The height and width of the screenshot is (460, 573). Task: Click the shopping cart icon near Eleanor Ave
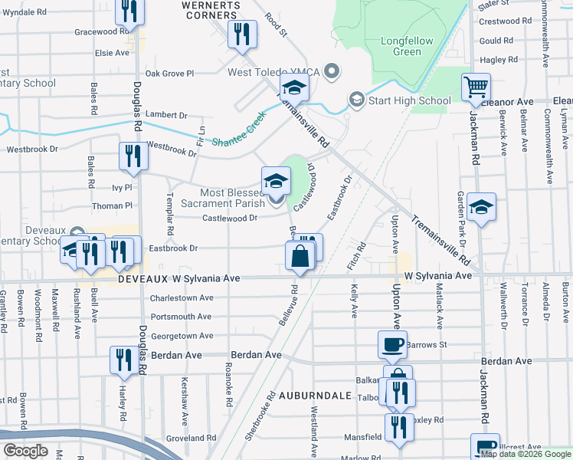click(476, 87)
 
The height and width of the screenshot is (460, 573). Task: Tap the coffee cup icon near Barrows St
click(392, 344)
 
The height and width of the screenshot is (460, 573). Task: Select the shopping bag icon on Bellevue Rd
click(300, 256)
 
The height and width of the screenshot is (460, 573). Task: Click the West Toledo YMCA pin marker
click(332, 72)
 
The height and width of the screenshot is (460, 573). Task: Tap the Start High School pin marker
click(356, 100)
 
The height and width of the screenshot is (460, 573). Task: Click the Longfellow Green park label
click(407, 46)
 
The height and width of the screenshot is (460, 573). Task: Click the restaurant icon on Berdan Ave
click(123, 360)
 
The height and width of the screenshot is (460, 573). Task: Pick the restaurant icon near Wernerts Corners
click(243, 34)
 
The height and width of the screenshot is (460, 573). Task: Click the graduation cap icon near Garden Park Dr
click(481, 207)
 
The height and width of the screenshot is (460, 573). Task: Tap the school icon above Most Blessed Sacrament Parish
click(277, 182)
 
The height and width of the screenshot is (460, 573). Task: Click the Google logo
click(26, 451)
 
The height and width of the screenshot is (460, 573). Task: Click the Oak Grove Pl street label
click(170, 74)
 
